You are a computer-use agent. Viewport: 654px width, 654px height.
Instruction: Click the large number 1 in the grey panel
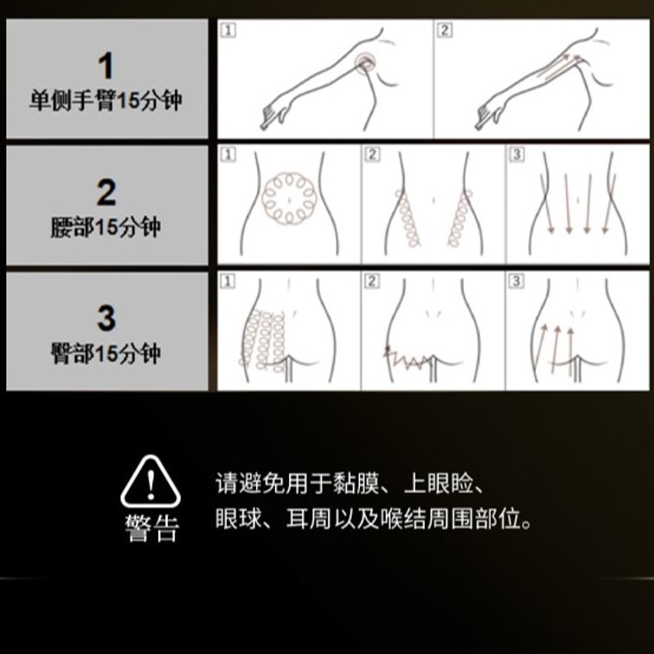[x=106, y=66]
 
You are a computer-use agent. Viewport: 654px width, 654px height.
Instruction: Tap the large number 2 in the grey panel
[x=106, y=192]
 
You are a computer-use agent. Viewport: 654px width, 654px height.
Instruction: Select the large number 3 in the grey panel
[x=106, y=317]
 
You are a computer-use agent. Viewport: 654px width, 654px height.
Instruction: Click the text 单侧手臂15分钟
[x=106, y=101]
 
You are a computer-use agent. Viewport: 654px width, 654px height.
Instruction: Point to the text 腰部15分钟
[x=106, y=228]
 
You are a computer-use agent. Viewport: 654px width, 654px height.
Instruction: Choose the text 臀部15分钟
[x=106, y=354]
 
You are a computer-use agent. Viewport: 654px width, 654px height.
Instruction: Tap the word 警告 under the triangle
[x=152, y=528]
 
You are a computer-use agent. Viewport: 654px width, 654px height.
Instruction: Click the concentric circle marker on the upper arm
[x=365, y=63]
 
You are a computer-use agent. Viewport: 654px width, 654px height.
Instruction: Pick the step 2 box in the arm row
[x=445, y=30]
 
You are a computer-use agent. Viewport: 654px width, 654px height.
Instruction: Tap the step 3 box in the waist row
[x=516, y=154]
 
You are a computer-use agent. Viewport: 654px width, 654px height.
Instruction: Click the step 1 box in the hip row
[x=228, y=281]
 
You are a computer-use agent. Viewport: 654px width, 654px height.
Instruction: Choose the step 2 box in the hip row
[x=372, y=281]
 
